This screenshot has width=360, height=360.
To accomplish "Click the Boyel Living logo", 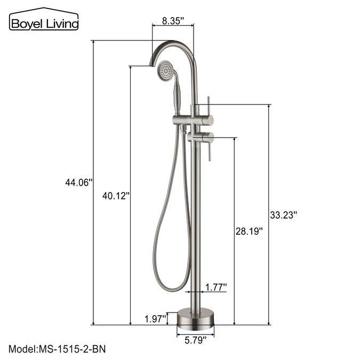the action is tap(44, 19).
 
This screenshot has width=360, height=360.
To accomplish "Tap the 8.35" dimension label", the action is tap(173, 21).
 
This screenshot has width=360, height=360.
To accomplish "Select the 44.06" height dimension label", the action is tap(79, 183).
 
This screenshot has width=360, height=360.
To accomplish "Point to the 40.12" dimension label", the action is tap(116, 196).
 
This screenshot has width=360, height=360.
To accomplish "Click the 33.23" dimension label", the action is tap(283, 215).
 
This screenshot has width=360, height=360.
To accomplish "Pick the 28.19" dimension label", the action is tap(249, 231).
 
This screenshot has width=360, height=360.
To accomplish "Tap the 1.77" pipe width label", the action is tap(216, 287).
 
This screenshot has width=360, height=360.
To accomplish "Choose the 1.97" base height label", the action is tap(155, 319).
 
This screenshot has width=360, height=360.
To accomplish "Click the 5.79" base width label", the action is tap(196, 340).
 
